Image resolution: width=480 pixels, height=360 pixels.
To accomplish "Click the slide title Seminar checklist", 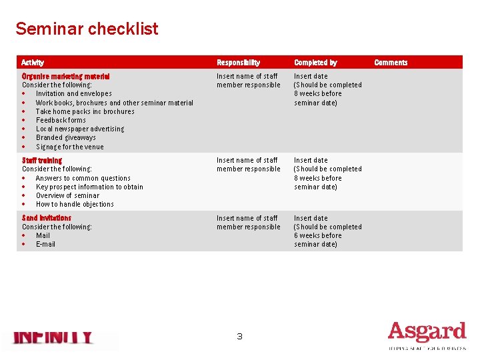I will tap(87, 29).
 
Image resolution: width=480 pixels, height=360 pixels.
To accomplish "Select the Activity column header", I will tap(33, 63).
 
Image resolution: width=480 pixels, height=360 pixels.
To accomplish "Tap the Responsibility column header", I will tap(238, 63).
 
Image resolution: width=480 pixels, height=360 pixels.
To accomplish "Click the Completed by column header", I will tap(315, 63).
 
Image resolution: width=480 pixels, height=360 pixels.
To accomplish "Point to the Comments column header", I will tap(391, 63).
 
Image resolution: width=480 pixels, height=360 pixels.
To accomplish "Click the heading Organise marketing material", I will tap(65, 77).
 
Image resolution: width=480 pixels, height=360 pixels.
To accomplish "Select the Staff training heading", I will tap(41, 161).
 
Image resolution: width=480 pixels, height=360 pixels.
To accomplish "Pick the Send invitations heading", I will tap(46, 218).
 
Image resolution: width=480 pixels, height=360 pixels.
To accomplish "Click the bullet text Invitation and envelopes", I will tap(73, 94).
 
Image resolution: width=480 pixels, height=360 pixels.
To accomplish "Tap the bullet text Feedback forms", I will tap(61, 121).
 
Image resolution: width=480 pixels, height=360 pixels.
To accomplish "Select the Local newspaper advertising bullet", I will tap(79, 129).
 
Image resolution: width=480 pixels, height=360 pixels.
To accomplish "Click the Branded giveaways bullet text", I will tap(65, 138).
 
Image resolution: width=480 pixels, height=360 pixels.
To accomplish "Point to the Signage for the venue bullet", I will tap(69, 147).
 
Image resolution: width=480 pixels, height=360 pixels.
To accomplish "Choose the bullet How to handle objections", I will tap(75, 205).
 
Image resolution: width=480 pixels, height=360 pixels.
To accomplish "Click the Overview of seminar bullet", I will tap(67, 196).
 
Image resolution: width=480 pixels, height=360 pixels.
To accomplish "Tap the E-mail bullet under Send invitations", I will tap(45, 244).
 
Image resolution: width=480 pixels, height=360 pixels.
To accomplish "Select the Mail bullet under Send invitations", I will tap(43, 235).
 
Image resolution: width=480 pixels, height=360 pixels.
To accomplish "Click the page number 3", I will tap(239, 337).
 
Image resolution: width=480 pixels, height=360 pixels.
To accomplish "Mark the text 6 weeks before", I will tap(317, 235).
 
